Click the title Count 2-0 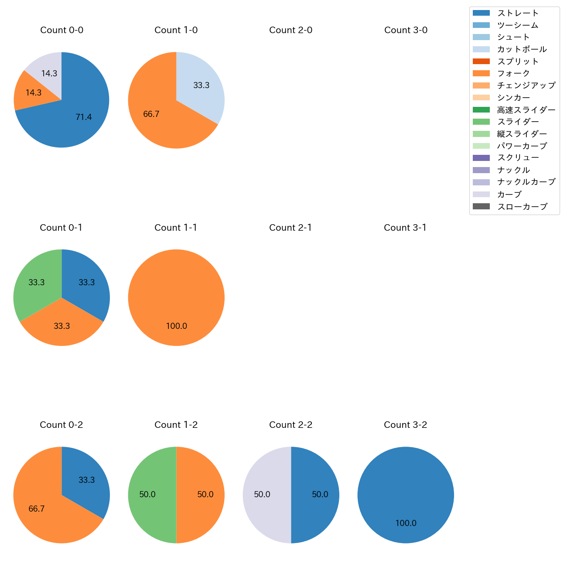(291, 30)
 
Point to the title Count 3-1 (405, 228)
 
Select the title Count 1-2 (176, 425)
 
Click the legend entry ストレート (518, 13)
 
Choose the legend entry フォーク (513, 73)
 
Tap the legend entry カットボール (522, 49)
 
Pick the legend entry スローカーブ (522, 207)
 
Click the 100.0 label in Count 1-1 (177, 326)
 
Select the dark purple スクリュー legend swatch (481, 158)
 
